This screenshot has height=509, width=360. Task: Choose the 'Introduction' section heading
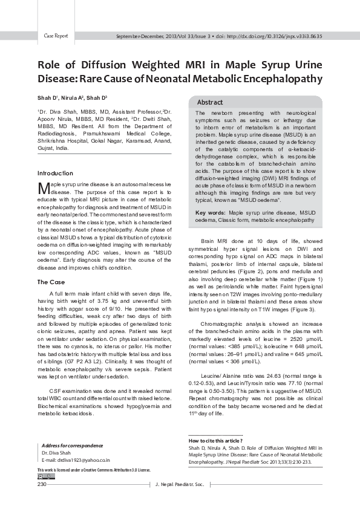(x=55, y=173)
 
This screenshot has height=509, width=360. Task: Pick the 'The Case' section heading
(x=51, y=282)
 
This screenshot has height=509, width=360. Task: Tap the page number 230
(x=42, y=485)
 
